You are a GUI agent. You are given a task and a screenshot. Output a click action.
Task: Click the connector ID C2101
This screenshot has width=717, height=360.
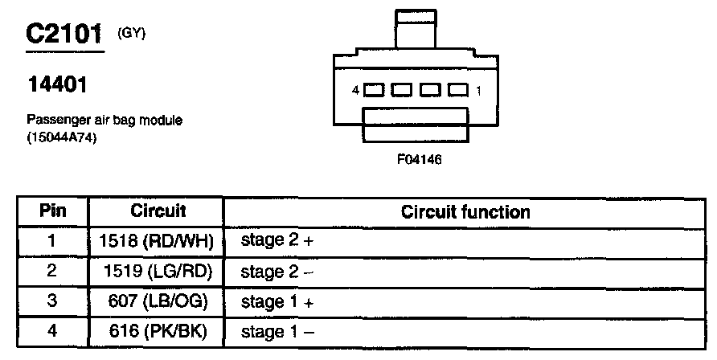(x=64, y=34)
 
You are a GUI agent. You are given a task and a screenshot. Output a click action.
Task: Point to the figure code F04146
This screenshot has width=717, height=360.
(x=419, y=159)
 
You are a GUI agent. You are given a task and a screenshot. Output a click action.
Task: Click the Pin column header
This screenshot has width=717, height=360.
(x=52, y=211)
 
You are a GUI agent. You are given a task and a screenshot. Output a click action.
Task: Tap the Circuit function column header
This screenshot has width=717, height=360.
(x=465, y=212)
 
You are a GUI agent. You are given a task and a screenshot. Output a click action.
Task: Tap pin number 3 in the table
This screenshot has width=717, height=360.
(x=52, y=301)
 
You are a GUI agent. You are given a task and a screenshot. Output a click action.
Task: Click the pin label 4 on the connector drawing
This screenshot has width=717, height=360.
(x=354, y=92)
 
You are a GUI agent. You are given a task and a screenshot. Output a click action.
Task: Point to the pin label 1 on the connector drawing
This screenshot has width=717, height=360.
(x=479, y=92)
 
